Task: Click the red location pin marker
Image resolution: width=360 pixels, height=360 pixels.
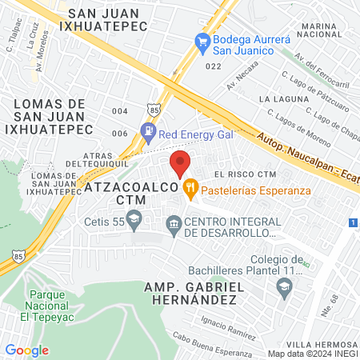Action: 181,162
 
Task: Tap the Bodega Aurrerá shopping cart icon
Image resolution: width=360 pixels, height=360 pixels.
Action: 202,40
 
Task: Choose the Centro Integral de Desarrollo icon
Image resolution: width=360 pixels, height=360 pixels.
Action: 172,222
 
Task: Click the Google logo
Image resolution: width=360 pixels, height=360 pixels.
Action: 27,350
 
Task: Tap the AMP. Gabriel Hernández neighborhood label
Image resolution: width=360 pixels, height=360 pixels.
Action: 191,293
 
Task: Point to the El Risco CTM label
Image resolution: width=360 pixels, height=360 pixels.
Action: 245,174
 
